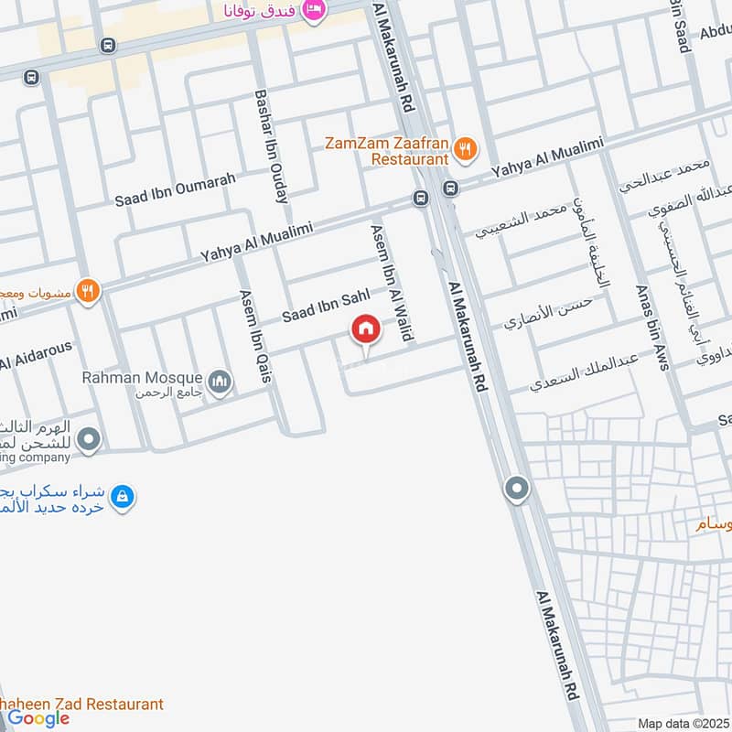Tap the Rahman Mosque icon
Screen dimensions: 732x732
(219, 382)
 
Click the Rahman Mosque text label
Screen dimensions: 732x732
(141, 376)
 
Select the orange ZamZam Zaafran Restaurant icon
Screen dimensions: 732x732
(466, 148)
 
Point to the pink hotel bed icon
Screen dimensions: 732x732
(313, 10)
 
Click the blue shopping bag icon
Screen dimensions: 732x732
(122, 497)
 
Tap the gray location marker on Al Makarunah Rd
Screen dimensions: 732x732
(517, 489)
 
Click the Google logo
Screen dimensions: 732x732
(39, 718)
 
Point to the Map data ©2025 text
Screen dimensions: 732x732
(682, 723)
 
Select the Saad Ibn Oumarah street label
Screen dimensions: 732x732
(175, 189)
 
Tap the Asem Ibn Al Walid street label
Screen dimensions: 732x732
(392, 283)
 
